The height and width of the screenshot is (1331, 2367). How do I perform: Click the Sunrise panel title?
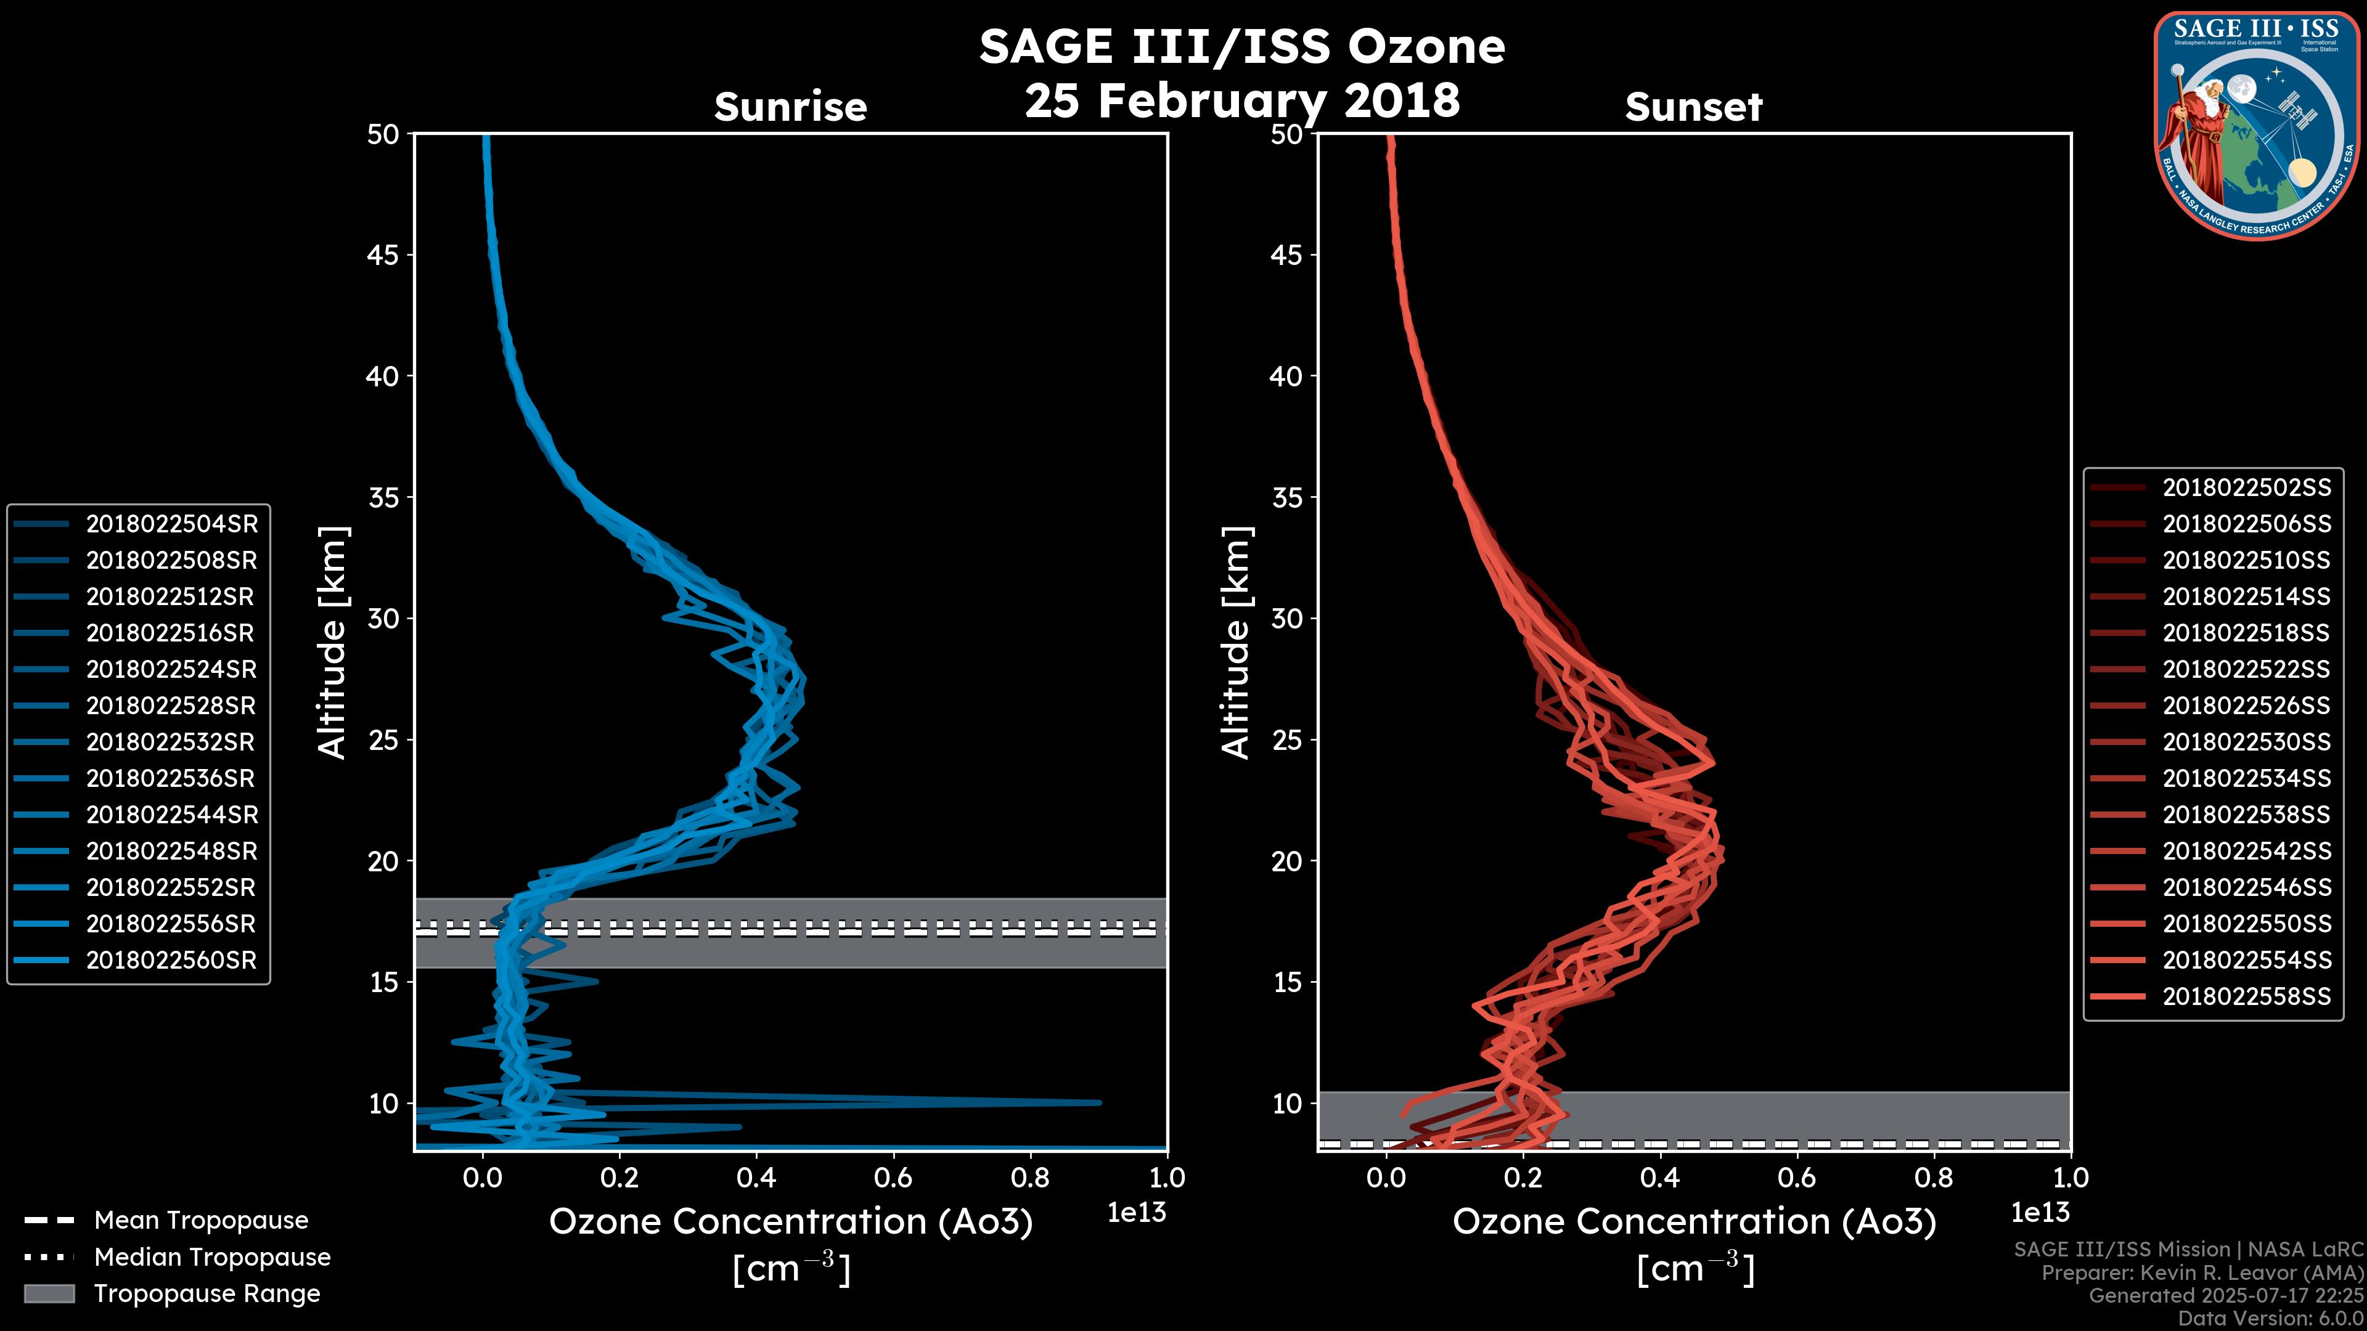click(x=790, y=107)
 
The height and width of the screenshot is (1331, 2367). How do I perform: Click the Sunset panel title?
click(x=1693, y=107)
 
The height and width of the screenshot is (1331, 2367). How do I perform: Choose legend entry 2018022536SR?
click(x=170, y=778)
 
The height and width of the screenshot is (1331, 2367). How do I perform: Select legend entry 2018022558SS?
click(x=2246, y=996)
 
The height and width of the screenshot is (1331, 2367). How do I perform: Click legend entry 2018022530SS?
click(x=2246, y=742)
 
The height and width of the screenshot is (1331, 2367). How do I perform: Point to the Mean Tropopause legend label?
click(x=201, y=1220)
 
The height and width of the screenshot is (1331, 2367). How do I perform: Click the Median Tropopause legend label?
click(x=212, y=1256)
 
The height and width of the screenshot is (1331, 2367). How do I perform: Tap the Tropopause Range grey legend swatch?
click(x=49, y=1293)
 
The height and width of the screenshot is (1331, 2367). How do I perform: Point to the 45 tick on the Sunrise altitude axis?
click(x=383, y=254)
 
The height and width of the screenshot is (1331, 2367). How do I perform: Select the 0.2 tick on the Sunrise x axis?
click(x=619, y=1178)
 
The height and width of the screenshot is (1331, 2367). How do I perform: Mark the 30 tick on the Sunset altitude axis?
click(x=1287, y=618)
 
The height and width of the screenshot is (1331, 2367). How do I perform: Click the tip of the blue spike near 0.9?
click(x=1099, y=1102)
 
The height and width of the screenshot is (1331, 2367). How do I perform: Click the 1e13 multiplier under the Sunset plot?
click(x=2040, y=1213)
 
